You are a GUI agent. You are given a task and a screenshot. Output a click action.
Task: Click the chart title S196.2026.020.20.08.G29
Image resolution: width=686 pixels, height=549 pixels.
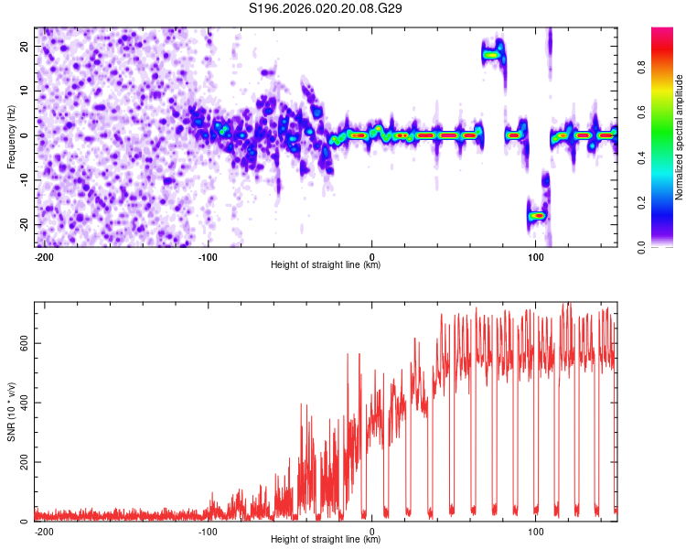pos(327,9)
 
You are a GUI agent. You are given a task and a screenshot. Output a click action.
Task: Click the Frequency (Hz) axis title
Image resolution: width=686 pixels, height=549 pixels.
pos(11,135)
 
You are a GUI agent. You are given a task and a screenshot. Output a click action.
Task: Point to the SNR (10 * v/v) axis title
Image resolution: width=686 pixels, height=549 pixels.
pos(11,412)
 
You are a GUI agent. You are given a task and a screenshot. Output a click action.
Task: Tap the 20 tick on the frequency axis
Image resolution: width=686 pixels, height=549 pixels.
pos(24,46)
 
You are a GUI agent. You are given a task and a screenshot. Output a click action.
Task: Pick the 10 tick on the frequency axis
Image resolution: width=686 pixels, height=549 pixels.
pos(24,91)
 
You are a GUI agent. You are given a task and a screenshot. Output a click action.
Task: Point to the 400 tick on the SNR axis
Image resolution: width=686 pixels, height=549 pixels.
pos(20,403)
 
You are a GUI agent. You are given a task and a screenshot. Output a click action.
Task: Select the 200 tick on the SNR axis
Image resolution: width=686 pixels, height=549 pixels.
pos(20,462)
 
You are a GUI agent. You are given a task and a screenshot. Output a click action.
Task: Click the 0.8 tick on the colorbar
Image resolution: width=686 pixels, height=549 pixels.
pos(666,67)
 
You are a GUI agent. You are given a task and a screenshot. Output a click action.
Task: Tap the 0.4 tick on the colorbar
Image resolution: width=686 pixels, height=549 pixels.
pos(666,156)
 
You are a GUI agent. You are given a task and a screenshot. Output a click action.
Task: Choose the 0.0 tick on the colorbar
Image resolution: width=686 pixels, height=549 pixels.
pos(666,246)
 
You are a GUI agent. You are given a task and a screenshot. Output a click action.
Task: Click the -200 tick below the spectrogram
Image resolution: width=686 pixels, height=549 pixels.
pos(43,256)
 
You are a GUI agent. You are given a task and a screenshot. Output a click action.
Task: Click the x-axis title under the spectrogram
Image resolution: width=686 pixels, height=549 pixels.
pos(326,265)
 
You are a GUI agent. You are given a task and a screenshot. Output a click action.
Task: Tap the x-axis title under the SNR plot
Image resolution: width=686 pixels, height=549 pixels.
pos(326,540)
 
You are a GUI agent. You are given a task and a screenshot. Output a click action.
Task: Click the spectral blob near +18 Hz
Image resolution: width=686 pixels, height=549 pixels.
pos(493,55)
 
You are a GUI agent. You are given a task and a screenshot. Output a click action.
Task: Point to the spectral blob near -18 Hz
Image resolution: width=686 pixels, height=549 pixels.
pos(537,215)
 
